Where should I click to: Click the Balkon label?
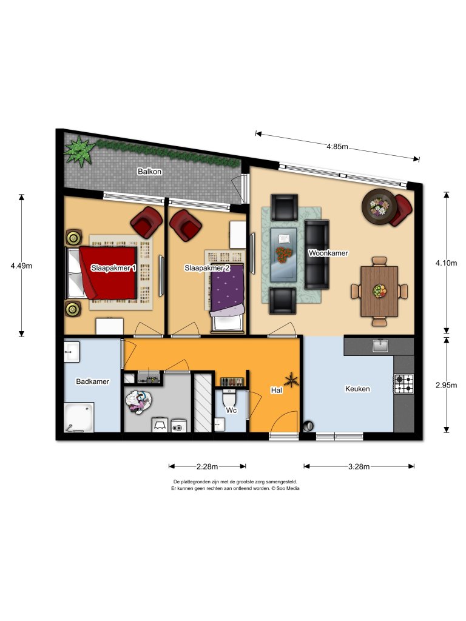[x=149, y=172]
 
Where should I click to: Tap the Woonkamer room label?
[x=328, y=253]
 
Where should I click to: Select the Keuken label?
[x=357, y=389]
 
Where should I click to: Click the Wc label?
[x=231, y=411]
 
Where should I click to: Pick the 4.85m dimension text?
[x=337, y=147]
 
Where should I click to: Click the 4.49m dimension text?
[x=22, y=265]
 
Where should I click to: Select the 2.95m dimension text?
[x=446, y=383]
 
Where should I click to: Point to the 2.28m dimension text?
[x=207, y=466]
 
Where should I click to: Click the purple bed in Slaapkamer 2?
[x=227, y=290]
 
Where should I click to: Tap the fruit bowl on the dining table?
[x=379, y=291]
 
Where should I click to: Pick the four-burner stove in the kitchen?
[x=404, y=383]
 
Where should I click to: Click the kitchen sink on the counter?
[x=380, y=346]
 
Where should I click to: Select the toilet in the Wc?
[x=230, y=400]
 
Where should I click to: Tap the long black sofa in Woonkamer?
[x=316, y=253]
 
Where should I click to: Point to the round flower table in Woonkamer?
[x=379, y=207]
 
